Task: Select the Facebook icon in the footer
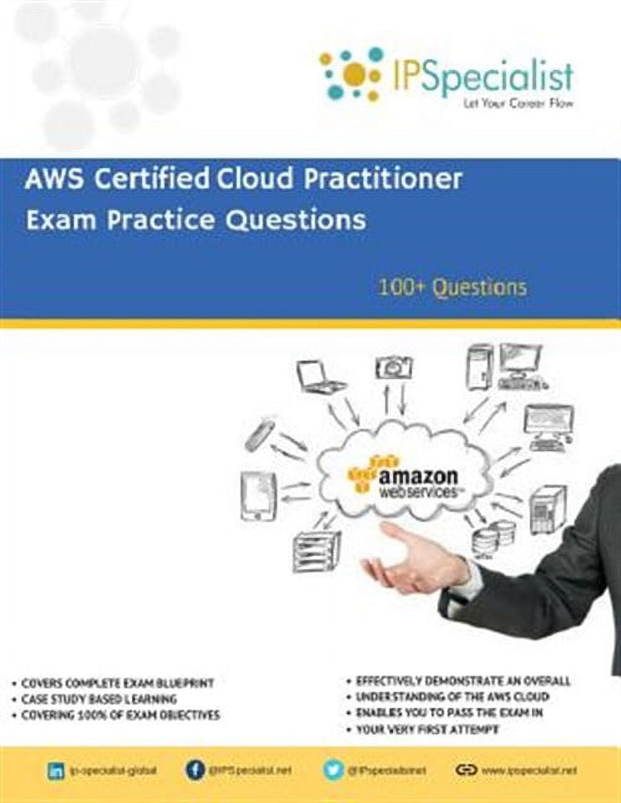pyautogui.click(x=194, y=771)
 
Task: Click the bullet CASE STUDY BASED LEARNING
pyautogui.click(x=98, y=699)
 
